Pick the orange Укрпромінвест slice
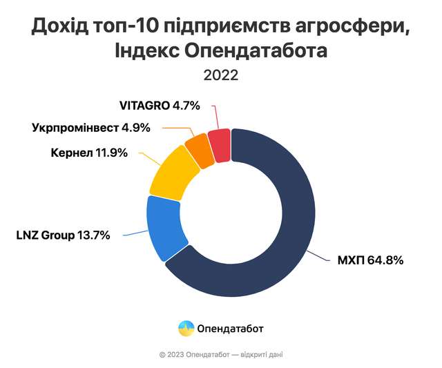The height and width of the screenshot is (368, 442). pyautogui.click(x=200, y=149)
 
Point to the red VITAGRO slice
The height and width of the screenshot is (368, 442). pyautogui.click(x=220, y=144)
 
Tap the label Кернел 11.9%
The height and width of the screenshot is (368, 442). pyautogui.click(x=90, y=153)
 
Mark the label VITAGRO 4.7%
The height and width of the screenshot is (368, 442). pyautogui.click(x=160, y=106)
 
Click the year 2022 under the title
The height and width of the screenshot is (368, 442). pyautogui.click(x=221, y=75)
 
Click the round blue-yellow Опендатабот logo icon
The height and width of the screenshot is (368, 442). pyautogui.click(x=186, y=329)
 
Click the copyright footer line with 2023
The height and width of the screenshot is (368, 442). pyautogui.click(x=221, y=354)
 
